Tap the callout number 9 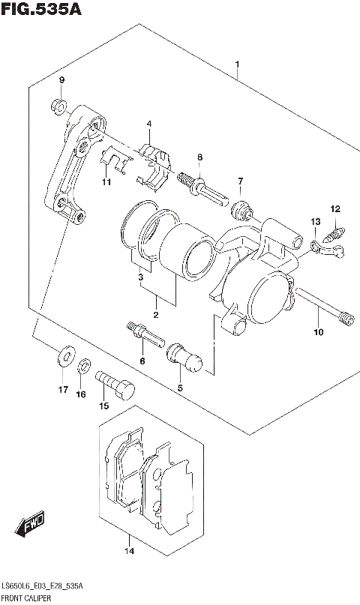62,80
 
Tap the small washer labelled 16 85,365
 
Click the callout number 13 316,222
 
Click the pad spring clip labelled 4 155,163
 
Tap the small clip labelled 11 112,159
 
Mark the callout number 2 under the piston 156,315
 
